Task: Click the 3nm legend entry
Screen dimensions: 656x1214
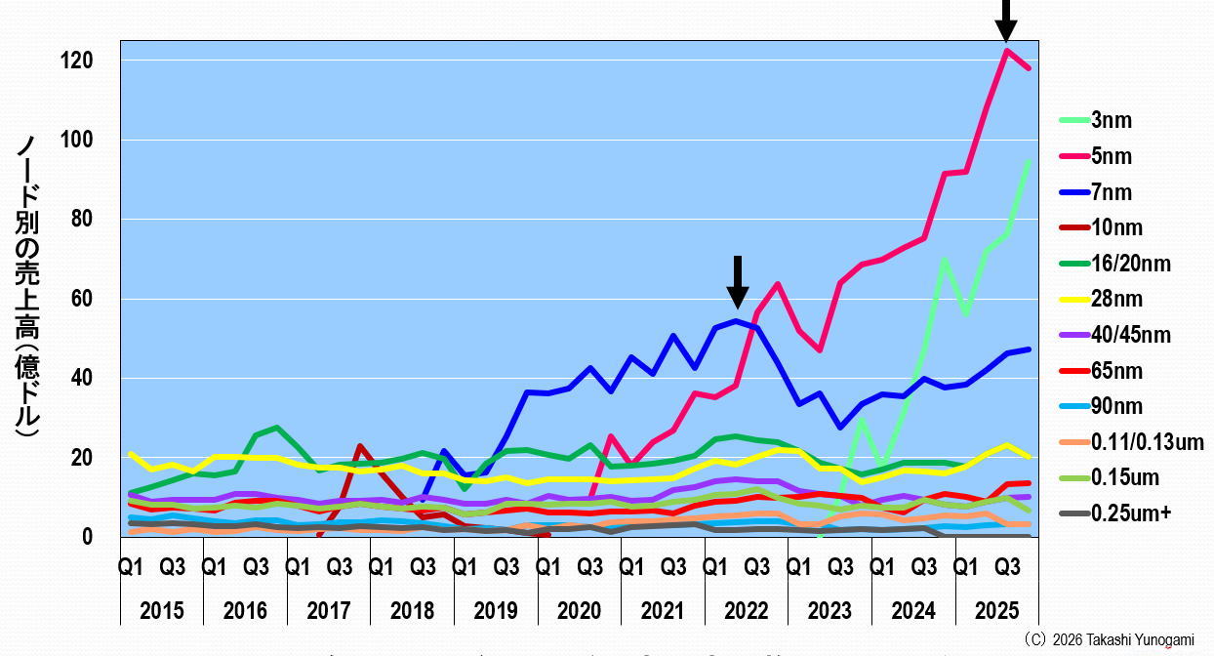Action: click(x=1112, y=120)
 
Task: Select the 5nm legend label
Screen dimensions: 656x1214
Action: click(x=1112, y=156)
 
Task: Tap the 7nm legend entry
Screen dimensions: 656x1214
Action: click(x=1112, y=192)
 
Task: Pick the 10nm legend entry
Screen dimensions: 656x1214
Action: click(x=1115, y=228)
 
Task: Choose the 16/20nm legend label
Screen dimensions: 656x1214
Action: click(x=1130, y=264)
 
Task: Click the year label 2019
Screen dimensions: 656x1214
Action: click(x=496, y=612)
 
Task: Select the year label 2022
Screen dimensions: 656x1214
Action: click(x=747, y=612)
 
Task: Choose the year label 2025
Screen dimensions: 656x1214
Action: click(x=996, y=612)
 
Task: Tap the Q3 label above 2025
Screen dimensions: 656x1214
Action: click(x=1007, y=567)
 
